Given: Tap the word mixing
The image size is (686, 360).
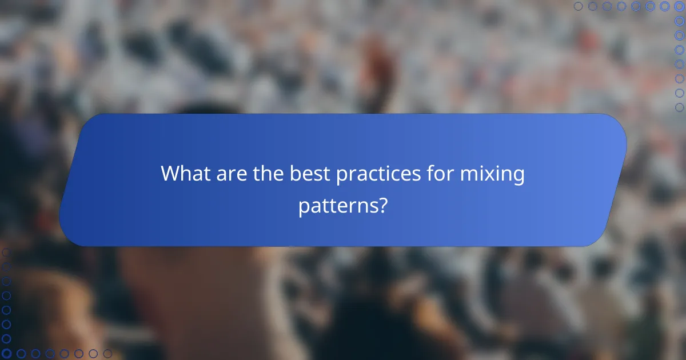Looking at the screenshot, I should point(496,174).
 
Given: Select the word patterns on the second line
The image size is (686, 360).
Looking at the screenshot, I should point(336,206).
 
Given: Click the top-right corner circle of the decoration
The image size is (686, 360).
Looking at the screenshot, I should point(680,6).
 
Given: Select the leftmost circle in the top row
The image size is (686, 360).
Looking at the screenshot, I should point(579,6).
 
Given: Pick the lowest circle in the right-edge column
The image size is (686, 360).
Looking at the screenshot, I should point(680,107).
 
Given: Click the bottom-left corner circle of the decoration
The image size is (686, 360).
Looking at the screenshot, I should point(6,354).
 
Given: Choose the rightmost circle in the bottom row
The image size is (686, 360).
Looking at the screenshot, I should point(107,354).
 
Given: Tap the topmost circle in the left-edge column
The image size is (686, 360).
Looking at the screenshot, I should point(6,252).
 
